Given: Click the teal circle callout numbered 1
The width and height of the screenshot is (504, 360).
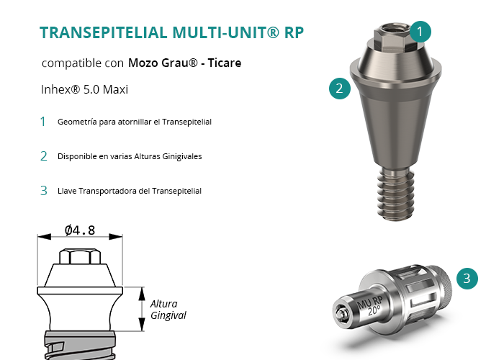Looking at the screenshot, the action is tap(420, 32).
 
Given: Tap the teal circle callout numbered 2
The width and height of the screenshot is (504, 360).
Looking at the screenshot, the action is tap(340, 89).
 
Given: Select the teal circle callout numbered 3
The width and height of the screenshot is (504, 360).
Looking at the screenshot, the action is tap(467, 279).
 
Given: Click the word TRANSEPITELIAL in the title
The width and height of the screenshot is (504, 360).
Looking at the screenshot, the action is tap(104, 32).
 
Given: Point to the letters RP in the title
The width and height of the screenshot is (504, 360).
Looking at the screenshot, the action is tap(294, 32).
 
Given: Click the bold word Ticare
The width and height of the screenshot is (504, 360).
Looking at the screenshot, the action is tap(225, 63).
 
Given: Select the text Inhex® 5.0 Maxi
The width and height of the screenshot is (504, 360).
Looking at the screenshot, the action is tap(84, 89).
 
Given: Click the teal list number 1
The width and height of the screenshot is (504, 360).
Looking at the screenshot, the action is tap(42, 122).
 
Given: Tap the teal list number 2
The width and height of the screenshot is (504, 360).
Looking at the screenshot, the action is tap(44, 156).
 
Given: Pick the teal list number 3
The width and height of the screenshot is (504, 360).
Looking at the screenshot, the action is tap(44, 191).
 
